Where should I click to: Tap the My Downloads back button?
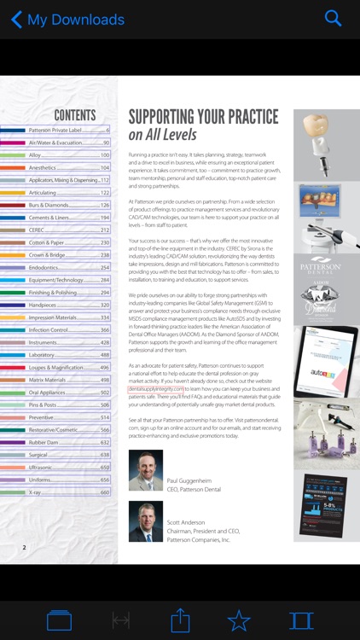(67, 19)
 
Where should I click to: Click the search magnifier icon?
(334, 19)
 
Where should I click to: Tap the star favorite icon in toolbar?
(238, 620)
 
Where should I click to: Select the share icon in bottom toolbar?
(180, 620)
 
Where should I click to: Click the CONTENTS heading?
(75, 115)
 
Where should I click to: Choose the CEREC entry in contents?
(38, 230)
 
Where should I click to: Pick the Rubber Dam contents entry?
(44, 443)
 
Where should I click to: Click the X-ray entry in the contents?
(36, 492)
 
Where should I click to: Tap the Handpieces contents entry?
(43, 305)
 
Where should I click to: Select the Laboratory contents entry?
(42, 355)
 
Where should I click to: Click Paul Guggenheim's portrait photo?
(145, 469)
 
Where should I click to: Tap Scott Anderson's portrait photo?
(145, 521)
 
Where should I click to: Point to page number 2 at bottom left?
(24, 547)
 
